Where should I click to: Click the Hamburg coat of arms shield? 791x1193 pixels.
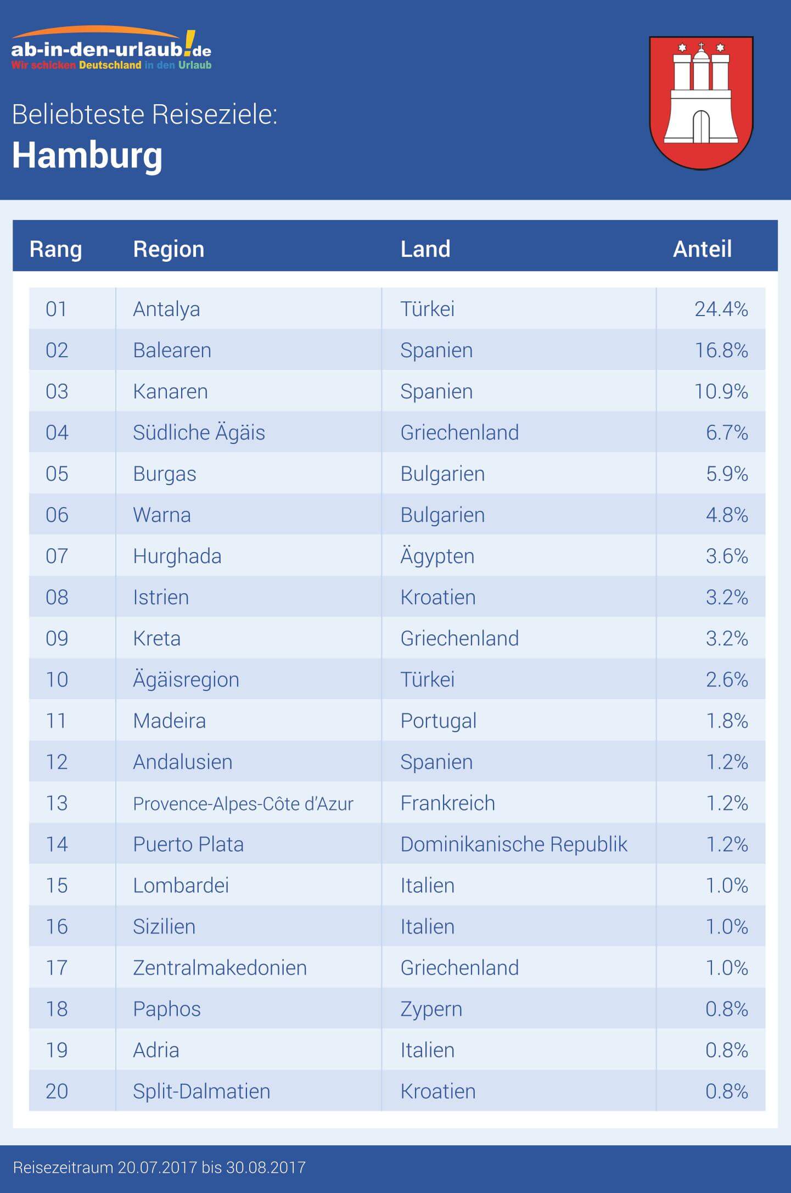(x=701, y=103)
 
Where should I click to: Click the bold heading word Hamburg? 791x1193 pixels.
(x=87, y=155)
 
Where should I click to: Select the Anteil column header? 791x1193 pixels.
(x=702, y=249)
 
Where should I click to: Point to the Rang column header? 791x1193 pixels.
(x=55, y=249)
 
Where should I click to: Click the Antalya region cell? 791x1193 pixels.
(x=166, y=309)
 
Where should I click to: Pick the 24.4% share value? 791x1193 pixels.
(x=721, y=309)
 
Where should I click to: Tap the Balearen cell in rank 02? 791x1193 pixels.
(x=172, y=350)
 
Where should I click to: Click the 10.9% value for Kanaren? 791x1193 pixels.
(x=721, y=391)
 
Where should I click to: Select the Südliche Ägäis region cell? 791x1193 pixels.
(x=199, y=432)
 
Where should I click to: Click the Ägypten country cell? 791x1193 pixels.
(x=437, y=556)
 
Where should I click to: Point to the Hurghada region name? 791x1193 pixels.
(x=177, y=556)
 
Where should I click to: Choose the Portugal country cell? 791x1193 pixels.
(x=438, y=721)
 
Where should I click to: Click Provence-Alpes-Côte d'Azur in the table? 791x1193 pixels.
(x=243, y=803)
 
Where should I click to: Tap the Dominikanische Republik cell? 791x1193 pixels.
(x=513, y=844)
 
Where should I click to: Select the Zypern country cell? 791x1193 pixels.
(x=431, y=1009)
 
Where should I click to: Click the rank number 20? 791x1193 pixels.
(x=57, y=1091)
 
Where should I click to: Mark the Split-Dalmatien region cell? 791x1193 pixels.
(x=201, y=1091)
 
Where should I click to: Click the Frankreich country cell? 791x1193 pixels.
(x=447, y=803)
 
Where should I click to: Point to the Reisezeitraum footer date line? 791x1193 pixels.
(x=159, y=1167)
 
